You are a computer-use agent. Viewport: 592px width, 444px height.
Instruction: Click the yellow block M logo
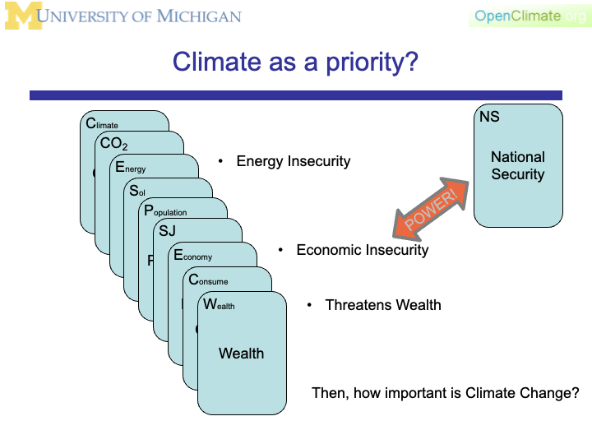[21, 16]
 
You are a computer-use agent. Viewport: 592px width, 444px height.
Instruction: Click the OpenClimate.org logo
[530, 16]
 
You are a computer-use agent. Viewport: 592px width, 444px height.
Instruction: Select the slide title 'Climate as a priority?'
[295, 62]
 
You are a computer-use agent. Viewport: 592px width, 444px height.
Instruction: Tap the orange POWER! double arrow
[430, 208]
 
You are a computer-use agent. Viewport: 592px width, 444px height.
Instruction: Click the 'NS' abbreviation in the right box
[489, 117]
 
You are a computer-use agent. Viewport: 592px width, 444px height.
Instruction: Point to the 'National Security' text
[518, 165]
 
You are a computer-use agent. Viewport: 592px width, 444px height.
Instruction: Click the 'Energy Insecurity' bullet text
[293, 161]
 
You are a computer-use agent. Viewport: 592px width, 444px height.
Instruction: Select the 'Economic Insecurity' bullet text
[362, 249]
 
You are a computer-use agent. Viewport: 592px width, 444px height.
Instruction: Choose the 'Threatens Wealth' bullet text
[383, 305]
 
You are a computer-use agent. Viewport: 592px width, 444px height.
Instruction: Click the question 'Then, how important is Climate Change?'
[446, 393]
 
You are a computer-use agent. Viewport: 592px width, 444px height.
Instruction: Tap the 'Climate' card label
[102, 124]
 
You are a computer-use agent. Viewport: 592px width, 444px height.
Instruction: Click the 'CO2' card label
[113, 145]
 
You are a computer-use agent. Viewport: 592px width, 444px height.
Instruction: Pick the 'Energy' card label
[130, 168]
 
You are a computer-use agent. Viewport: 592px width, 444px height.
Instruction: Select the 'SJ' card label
[167, 232]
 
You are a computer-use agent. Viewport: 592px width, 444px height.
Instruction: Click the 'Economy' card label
[192, 256]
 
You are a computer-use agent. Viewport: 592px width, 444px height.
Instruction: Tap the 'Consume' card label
[208, 280]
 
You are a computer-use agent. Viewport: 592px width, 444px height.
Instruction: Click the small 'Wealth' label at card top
[219, 305]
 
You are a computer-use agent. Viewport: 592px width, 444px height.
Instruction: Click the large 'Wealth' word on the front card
[241, 354]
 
